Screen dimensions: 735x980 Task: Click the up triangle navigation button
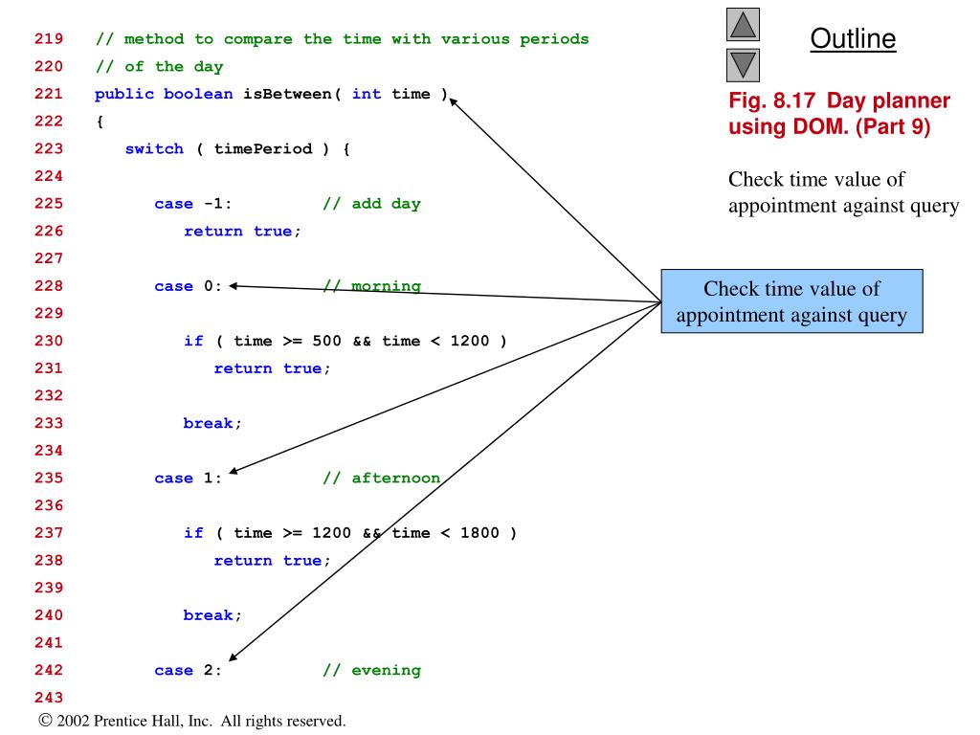[745, 24]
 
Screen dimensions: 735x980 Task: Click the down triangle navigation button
[745, 64]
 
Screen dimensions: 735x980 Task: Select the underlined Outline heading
[853, 39]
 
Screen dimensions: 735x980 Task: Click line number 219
[49, 39]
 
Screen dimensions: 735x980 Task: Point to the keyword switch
[154, 148]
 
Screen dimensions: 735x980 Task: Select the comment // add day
[371, 204]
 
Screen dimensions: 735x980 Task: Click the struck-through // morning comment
[371, 286]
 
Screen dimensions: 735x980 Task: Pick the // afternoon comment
[381, 479]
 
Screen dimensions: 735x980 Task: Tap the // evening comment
[371, 670]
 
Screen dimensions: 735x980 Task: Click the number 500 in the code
[326, 341]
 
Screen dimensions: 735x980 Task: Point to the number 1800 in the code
[479, 533]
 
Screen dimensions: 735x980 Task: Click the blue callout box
[791, 301]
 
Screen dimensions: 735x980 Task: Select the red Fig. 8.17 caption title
[838, 113]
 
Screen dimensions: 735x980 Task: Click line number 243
[49, 697]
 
